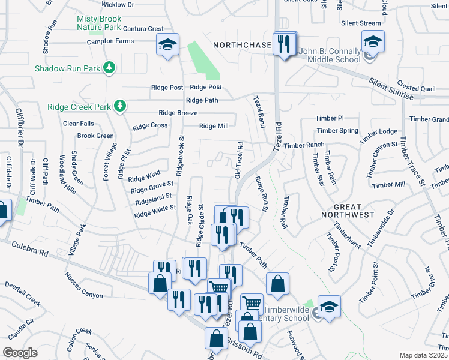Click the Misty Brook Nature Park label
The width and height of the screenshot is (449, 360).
(98, 23)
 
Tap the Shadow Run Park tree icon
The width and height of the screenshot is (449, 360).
(109, 68)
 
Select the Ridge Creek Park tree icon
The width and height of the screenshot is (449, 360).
(120, 106)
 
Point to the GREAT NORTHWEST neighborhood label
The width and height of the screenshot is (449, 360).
(347, 210)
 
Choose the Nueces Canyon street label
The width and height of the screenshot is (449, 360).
(83, 287)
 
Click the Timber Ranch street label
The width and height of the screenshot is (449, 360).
(304, 145)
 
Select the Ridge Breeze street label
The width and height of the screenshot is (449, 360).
(178, 113)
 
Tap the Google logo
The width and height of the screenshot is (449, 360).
(20, 353)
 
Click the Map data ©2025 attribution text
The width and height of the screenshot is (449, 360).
(423, 355)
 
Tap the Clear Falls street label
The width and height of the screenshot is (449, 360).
(78, 124)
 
